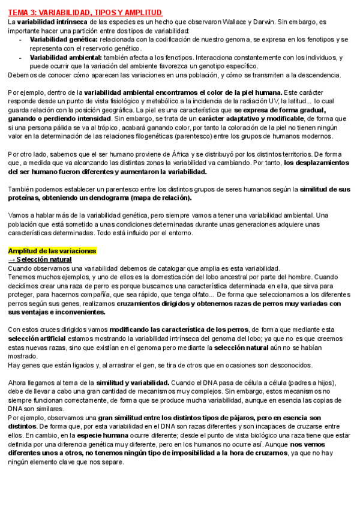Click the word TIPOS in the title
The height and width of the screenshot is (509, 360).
tap(100, 11)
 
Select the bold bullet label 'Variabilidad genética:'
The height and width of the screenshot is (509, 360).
tap(57, 40)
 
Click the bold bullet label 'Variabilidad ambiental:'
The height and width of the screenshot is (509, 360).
tap(59, 58)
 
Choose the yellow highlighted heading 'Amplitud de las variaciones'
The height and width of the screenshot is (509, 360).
tap(52, 250)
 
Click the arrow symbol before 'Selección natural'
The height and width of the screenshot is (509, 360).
tap(11, 259)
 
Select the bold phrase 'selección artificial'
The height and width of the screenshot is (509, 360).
tap(37, 339)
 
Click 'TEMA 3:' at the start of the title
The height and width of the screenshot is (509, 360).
tap(22, 11)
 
